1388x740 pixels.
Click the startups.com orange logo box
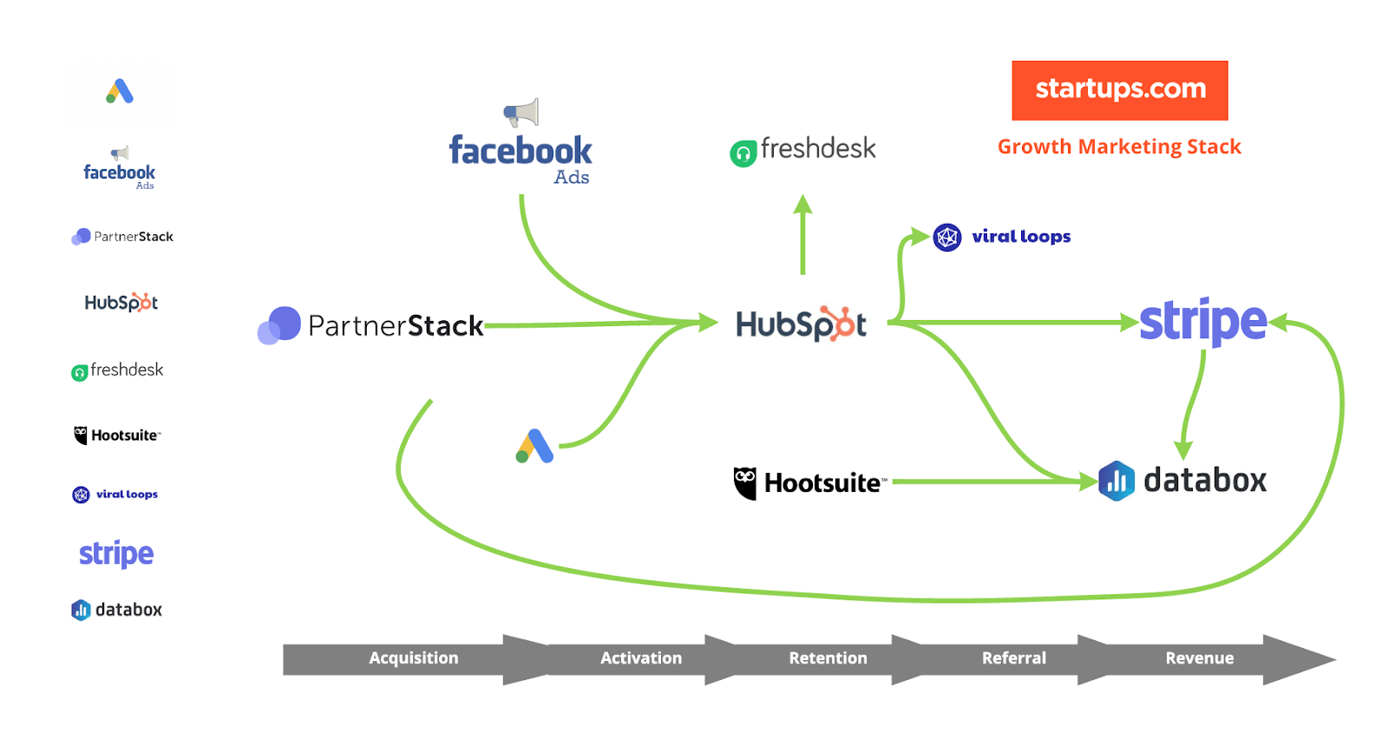(x=1119, y=90)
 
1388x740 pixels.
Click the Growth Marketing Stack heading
(x=1119, y=147)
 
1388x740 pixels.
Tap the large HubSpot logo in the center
(x=801, y=324)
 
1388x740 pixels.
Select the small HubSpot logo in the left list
(x=121, y=303)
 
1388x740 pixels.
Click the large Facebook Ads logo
(x=520, y=152)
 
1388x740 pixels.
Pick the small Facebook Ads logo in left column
(x=120, y=170)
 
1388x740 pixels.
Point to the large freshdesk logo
(x=803, y=150)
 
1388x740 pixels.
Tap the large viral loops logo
(x=1002, y=237)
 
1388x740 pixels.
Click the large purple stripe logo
(x=1202, y=322)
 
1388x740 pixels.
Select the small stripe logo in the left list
(x=116, y=553)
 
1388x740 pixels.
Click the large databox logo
(x=1182, y=481)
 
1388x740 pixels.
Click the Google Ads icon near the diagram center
(x=534, y=446)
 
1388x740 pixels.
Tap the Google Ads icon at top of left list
(x=120, y=92)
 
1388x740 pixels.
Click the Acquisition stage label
(x=414, y=658)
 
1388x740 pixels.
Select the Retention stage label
(x=828, y=658)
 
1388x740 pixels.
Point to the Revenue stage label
(x=1199, y=658)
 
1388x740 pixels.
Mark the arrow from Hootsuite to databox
(x=989, y=481)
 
